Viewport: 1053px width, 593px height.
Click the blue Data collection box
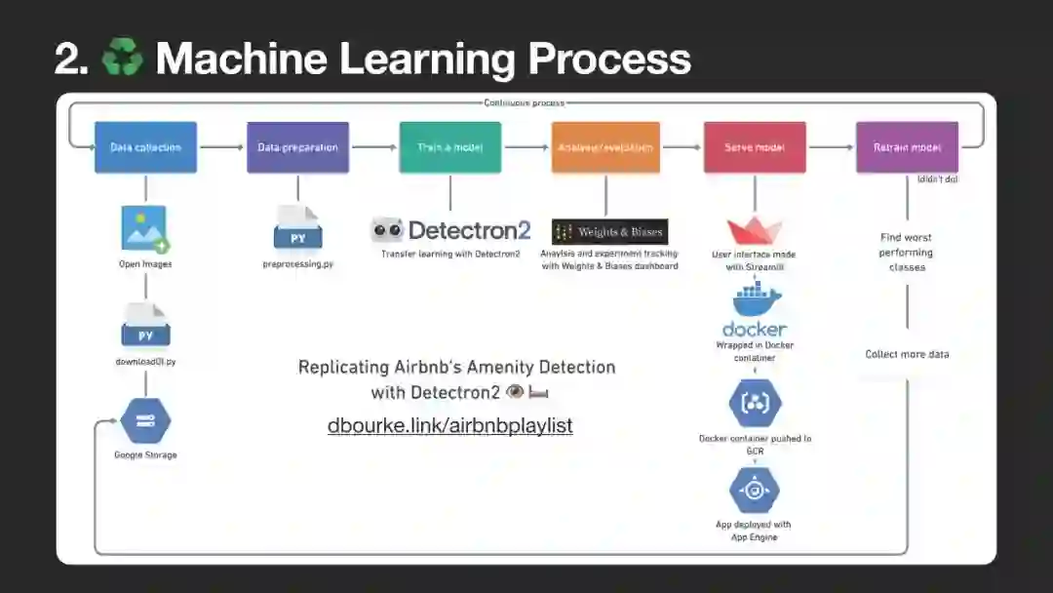(145, 147)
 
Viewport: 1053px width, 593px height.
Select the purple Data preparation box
(297, 147)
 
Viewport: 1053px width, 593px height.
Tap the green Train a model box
(449, 147)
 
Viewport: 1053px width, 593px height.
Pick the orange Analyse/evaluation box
(605, 147)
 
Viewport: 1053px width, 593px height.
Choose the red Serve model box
(755, 147)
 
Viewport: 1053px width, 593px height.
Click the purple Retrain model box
(907, 147)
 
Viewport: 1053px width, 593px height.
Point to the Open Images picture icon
(145, 229)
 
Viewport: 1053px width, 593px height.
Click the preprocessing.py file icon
(297, 229)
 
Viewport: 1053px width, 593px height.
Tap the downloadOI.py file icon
(145, 326)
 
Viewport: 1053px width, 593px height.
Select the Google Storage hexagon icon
(145, 420)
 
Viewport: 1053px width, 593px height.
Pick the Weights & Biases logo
(609, 231)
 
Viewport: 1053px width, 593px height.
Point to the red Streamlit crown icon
(755, 231)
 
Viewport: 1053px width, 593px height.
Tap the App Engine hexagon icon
(755, 491)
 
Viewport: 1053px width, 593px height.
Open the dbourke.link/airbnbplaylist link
(449, 425)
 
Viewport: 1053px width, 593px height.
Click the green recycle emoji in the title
(121, 59)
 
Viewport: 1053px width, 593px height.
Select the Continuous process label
(524, 102)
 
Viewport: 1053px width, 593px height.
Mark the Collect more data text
(907, 354)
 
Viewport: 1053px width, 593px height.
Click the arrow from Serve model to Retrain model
(831, 147)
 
